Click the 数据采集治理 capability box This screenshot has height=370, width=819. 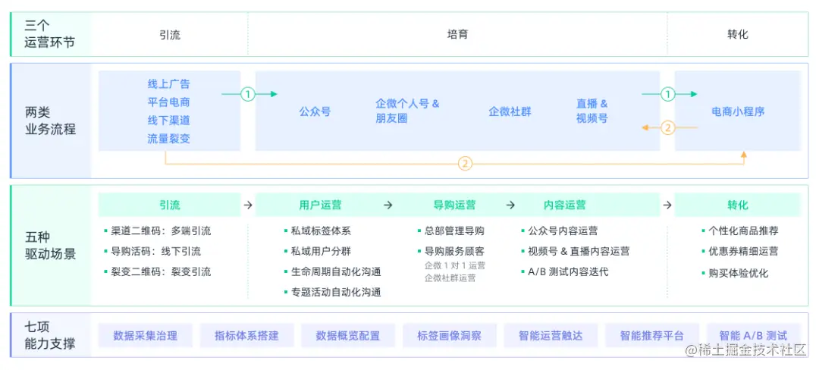click(x=145, y=335)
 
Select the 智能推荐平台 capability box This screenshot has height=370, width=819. click(x=651, y=335)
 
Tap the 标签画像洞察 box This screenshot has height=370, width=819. click(x=449, y=335)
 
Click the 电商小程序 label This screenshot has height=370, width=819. click(x=738, y=111)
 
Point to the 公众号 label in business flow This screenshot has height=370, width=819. click(x=315, y=111)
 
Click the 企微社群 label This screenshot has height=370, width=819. click(x=510, y=111)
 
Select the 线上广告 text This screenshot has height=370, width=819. click(x=168, y=83)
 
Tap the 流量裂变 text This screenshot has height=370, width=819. click(x=168, y=139)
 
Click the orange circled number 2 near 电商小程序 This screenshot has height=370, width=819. click(x=667, y=127)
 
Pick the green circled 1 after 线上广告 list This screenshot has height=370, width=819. click(x=247, y=94)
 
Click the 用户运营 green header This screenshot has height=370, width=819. click(x=320, y=205)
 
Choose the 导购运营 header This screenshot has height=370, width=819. click(x=454, y=205)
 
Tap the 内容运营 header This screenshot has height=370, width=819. click(x=565, y=205)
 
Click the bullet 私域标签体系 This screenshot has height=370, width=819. click(x=321, y=230)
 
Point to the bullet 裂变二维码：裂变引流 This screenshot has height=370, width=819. click(x=162, y=271)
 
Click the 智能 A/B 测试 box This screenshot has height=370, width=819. click(x=753, y=335)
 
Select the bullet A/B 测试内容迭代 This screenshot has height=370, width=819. click(x=568, y=271)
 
